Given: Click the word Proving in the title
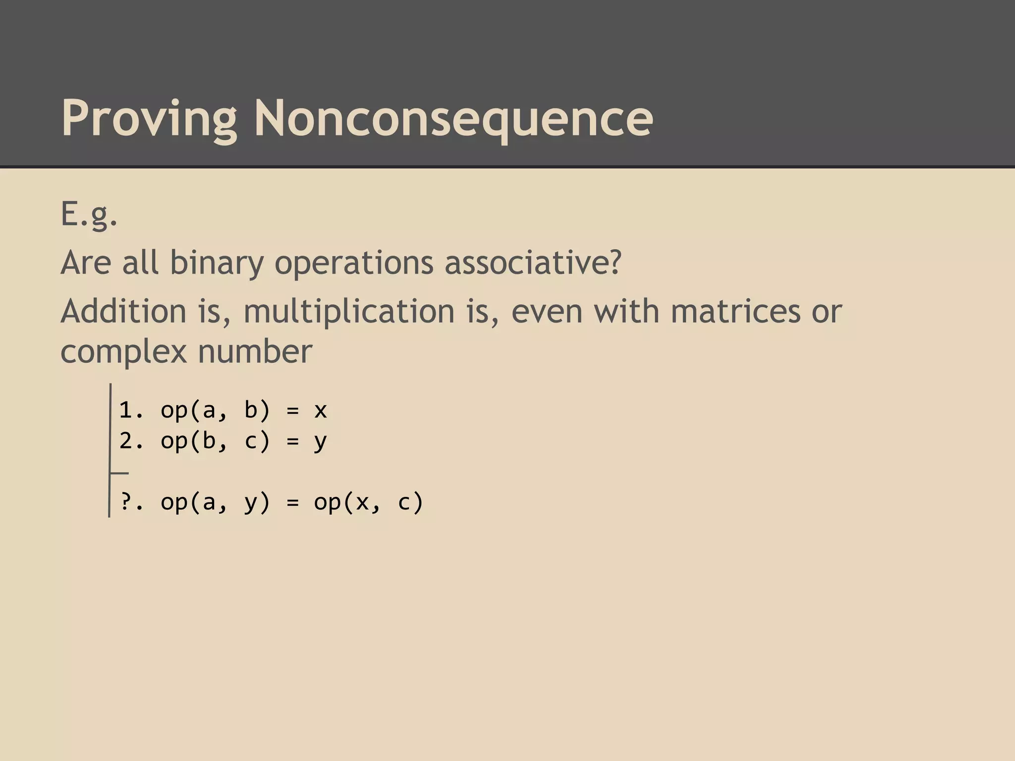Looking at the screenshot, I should (x=149, y=119).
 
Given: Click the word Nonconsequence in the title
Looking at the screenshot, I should (x=453, y=119).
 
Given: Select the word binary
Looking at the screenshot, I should (x=217, y=263).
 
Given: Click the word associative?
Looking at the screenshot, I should (x=532, y=263).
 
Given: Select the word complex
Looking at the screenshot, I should (x=123, y=352).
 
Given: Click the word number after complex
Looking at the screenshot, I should (x=255, y=352).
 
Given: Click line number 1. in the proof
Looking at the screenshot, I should (x=131, y=410).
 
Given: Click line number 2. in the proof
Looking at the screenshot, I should (x=131, y=440).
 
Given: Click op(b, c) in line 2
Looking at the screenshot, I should (x=215, y=440).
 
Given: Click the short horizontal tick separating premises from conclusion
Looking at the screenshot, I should (x=119, y=473).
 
